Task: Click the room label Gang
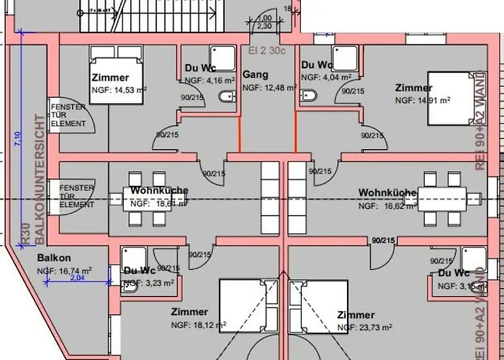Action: (x=256, y=75)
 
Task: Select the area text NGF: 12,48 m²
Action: (x=268, y=87)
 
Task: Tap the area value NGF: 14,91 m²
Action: (x=423, y=100)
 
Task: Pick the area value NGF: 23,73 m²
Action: (x=365, y=328)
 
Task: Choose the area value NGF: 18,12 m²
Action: (x=199, y=325)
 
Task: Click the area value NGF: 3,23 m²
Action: (x=150, y=284)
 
